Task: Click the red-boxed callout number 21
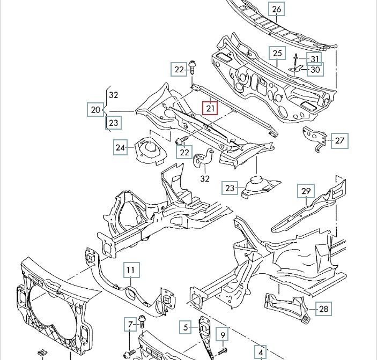click(x=210, y=108)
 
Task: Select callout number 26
click(x=277, y=9)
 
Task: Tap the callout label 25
click(x=277, y=53)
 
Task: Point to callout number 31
click(x=315, y=59)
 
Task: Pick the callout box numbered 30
click(x=315, y=70)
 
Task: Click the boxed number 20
click(x=95, y=110)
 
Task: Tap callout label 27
click(x=339, y=140)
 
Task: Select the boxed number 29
click(x=306, y=191)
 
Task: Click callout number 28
click(x=323, y=309)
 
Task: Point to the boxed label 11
click(x=131, y=271)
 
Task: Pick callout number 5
click(x=185, y=327)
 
